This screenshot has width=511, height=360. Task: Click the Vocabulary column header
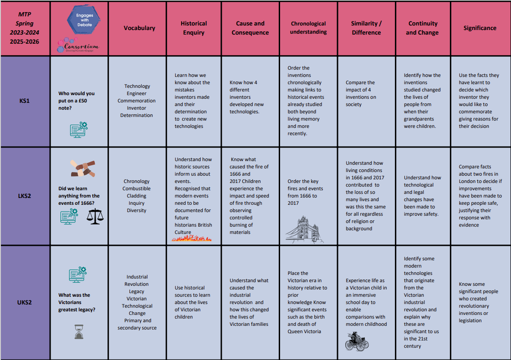click(139, 28)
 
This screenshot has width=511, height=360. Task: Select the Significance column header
click(480, 28)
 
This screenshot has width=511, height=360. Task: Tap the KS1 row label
click(25, 101)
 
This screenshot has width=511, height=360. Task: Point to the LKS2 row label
click(25, 196)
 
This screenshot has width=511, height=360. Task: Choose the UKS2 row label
click(25, 302)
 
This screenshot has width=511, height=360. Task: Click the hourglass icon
click(79, 332)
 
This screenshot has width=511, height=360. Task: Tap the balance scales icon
click(95, 217)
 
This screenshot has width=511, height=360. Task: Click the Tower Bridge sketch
click(304, 230)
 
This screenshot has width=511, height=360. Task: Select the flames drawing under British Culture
click(192, 238)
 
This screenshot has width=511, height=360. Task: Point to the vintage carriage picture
click(357, 341)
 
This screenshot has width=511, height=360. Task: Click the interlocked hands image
click(83, 168)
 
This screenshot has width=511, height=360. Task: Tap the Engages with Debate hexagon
click(84, 20)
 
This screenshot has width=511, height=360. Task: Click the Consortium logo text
click(81, 47)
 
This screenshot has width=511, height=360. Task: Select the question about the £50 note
click(77, 101)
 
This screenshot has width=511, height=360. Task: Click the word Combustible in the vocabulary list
click(137, 188)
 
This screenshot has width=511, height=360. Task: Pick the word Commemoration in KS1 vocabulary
click(137, 101)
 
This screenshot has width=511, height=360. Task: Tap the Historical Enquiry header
click(194, 28)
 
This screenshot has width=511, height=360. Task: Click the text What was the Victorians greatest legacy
click(77, 302)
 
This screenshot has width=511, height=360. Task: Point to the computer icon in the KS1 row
click(79, 130)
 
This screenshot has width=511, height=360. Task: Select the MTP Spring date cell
click(25, 28)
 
